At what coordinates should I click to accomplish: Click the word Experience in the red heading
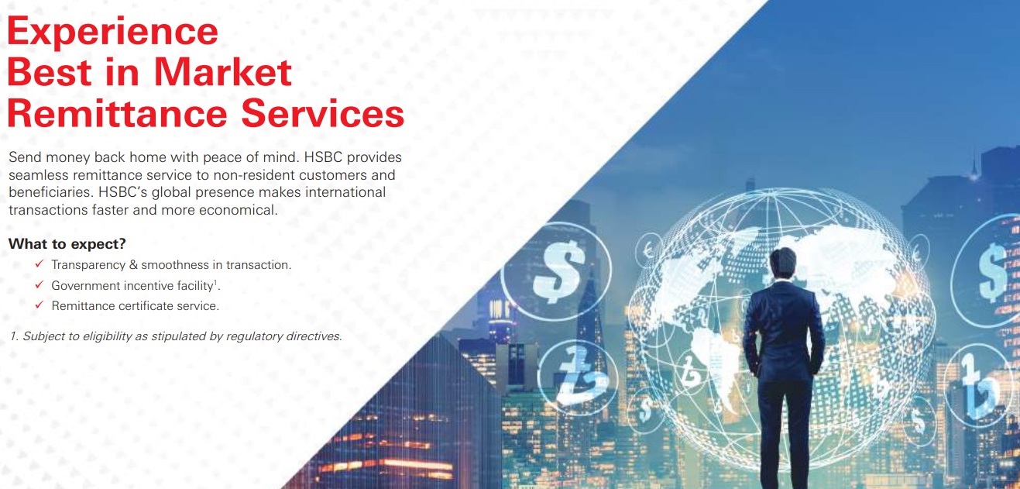click(x=113, y=31)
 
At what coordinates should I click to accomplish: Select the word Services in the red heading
click(x=322, y=113)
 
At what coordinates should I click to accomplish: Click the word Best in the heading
click(x=49, y=72)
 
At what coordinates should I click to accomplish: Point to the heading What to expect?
click(x=67, y=244)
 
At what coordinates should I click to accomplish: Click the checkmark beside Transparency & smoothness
click(x=39, y=263)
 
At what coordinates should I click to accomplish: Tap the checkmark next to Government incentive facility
click(x=39, y=284)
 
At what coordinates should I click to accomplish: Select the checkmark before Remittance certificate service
click(x=39, y=305)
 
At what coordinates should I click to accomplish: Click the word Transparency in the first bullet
click(x=88, y=265)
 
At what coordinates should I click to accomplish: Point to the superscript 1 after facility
click(x=215, y=282)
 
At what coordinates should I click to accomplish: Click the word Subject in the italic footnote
click(x=43, y=336)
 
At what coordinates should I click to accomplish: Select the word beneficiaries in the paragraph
click(x=51, y=192)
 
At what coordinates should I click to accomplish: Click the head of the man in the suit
click(x=783, y=264)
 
